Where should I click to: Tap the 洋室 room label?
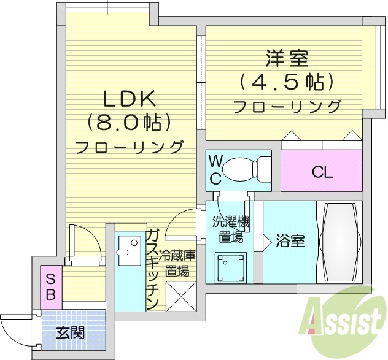[x=287, y=60]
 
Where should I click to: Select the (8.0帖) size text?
[x=129, y=123]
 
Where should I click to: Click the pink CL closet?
[x=322, y=172]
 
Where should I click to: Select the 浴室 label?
[x=290, y=241]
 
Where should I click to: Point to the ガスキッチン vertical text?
[x=152, y=270]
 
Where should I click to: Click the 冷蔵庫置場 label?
[x=177, y=263]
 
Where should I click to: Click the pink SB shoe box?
[x=52, y=286]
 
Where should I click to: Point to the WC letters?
[x=215, y=169]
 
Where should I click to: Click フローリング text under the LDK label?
[x=129, y=147]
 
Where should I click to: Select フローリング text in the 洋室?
[x=287, y=106]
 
